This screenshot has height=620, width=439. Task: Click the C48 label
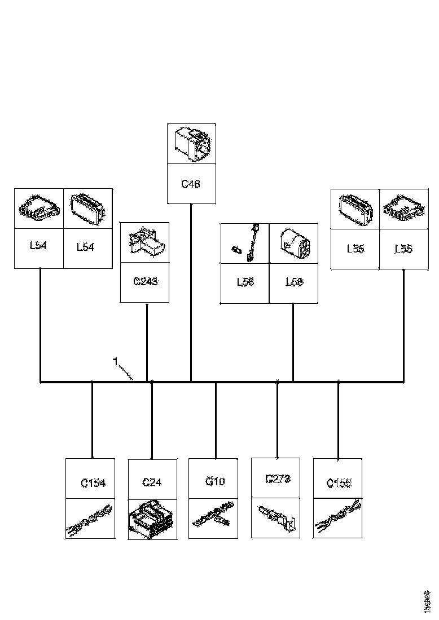[191, 184]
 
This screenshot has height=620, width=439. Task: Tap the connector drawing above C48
[191, 144]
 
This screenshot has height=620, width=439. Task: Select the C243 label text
[145, 281]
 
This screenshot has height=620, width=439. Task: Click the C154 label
[94, 483]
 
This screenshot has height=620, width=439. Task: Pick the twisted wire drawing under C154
[90, 519]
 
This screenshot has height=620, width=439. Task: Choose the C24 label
[152, 482]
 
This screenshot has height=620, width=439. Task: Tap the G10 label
[216, 482]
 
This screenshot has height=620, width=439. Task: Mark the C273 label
[277, 479]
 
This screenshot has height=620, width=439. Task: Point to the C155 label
[339, 483]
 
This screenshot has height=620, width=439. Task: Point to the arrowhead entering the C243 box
[147, 305]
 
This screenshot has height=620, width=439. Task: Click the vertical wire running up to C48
[191, 293]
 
